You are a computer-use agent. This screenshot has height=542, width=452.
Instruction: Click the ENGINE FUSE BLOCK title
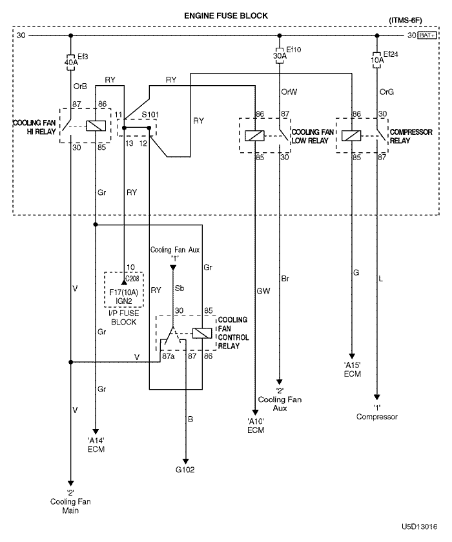pyautogui.click(x=226, y=15)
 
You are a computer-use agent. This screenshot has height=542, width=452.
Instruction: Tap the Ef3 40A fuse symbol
pyautogui.click(x=70, y=62)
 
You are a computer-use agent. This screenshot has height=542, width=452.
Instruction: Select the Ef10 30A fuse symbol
pyautogui.click(x=280, y=55)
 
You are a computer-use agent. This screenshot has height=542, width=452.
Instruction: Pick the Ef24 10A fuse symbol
pyautogui.click(x=376, y=60)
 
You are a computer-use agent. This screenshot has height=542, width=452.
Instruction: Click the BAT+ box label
pyautogui.click(x=427, y=35)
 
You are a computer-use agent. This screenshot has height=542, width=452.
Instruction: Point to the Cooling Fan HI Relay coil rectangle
pyautogui.click(x=96, y=126)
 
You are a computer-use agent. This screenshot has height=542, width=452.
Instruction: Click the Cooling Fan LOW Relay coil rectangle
pyautogui.click(x=254, y=136)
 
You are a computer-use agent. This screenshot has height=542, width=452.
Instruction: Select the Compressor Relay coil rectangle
pyautogui.click(x=351, y=136)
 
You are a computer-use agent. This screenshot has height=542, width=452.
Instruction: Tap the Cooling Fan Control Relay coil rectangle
pyautogui.click(x=202, y=333)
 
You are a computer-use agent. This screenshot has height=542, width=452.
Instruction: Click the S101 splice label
pyautogui.click(x=150, y=114)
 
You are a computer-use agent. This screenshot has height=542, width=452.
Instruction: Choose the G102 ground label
pyautogui.click(x=185, y=470)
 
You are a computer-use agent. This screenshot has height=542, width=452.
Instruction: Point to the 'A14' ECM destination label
pyautogui.click(x=96, y=445)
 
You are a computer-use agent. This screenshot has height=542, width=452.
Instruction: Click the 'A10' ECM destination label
pyautogui.click(x=256, y=426)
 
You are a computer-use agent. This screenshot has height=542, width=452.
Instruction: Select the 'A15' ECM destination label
pyautogui.click(x=353, y=370)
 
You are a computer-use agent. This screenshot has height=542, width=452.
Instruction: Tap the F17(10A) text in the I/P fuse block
pyautogui.click(x=123, y=292)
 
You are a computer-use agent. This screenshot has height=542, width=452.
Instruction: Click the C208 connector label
pyautogui.click(x=132, y=279)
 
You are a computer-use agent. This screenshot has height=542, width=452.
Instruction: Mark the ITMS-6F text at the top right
pyautogui.click(x=406, y=20)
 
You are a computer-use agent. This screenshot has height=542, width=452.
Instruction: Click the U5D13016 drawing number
pyautogui.click(x=420, y=527)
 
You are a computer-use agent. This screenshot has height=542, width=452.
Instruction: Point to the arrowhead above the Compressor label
pyautogui.click(x=376, y=397)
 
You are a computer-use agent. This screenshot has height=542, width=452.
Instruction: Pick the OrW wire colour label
pyautogui.click(x=289, y=92)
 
